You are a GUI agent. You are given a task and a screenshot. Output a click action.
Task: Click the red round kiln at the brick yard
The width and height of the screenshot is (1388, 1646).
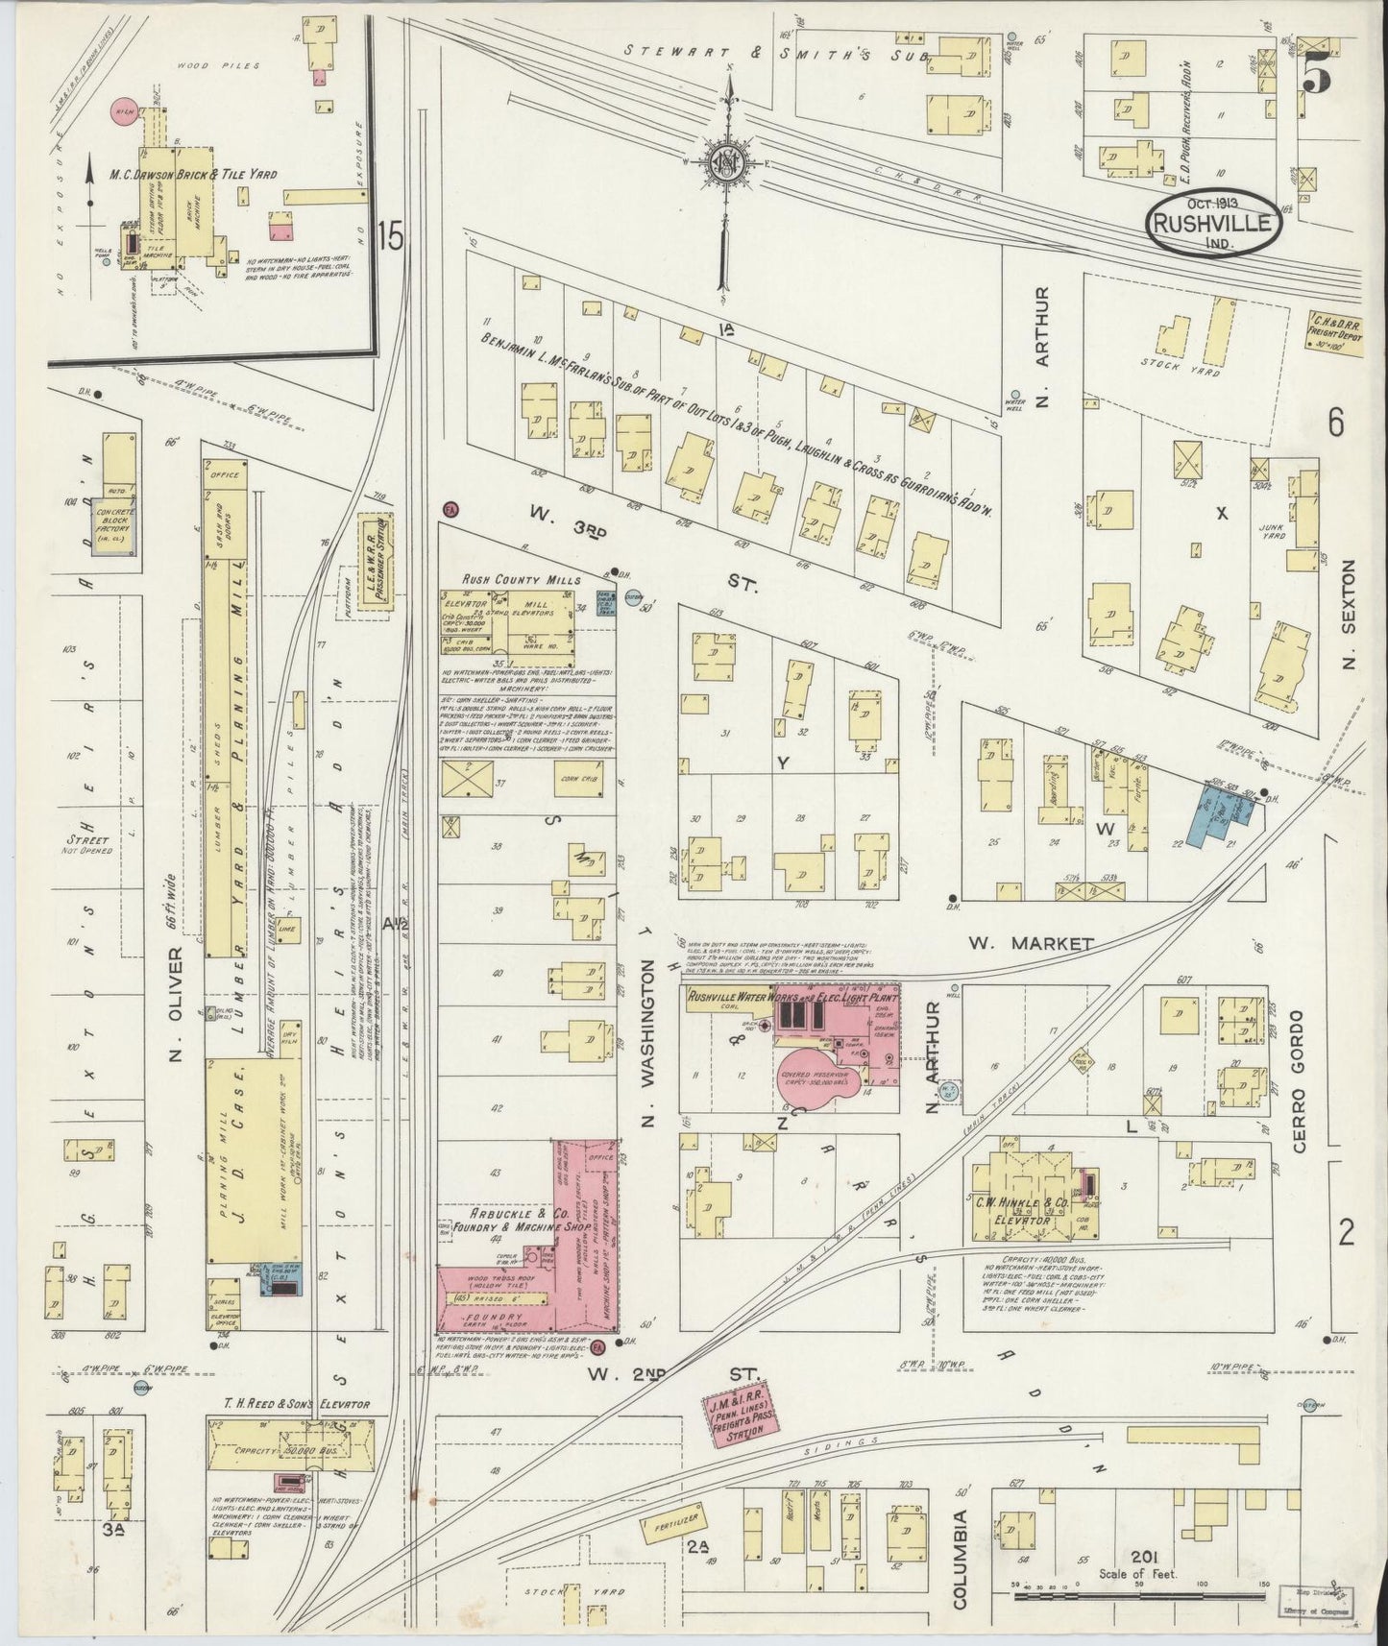pyautogui.click(x=124, y=112)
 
